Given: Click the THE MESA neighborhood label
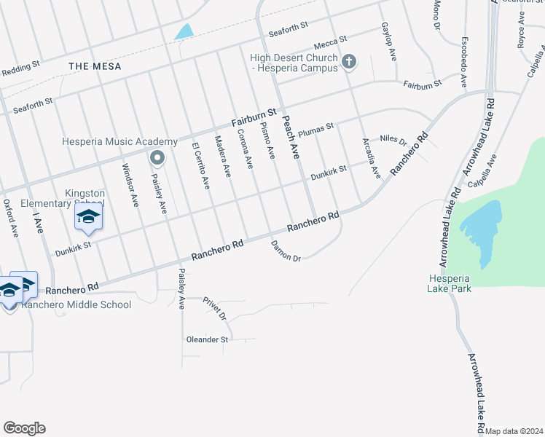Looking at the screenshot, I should pyautogui.click(x=95, y=66).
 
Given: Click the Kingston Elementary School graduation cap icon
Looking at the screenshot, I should pyautogui.click(x=88, y=217).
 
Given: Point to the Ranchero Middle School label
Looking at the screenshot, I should pyautogui.click(x=77, y=304).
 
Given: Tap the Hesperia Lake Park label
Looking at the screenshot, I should pyautogui.click(x=450, y=283).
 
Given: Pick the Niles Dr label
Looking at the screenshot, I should pyautogui.click(x=393, y=139).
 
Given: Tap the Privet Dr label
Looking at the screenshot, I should pyautogui.click(x=216, y=309).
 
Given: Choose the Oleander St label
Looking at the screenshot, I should pyautogui.click(x=208, y=339).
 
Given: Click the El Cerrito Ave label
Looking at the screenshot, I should pyautogui.click(x=200, y=166).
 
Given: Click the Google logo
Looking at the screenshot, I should pyautogui.click(x=24, y=428).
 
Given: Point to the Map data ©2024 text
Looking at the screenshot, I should pyautogui.click(x=514, y=431).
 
